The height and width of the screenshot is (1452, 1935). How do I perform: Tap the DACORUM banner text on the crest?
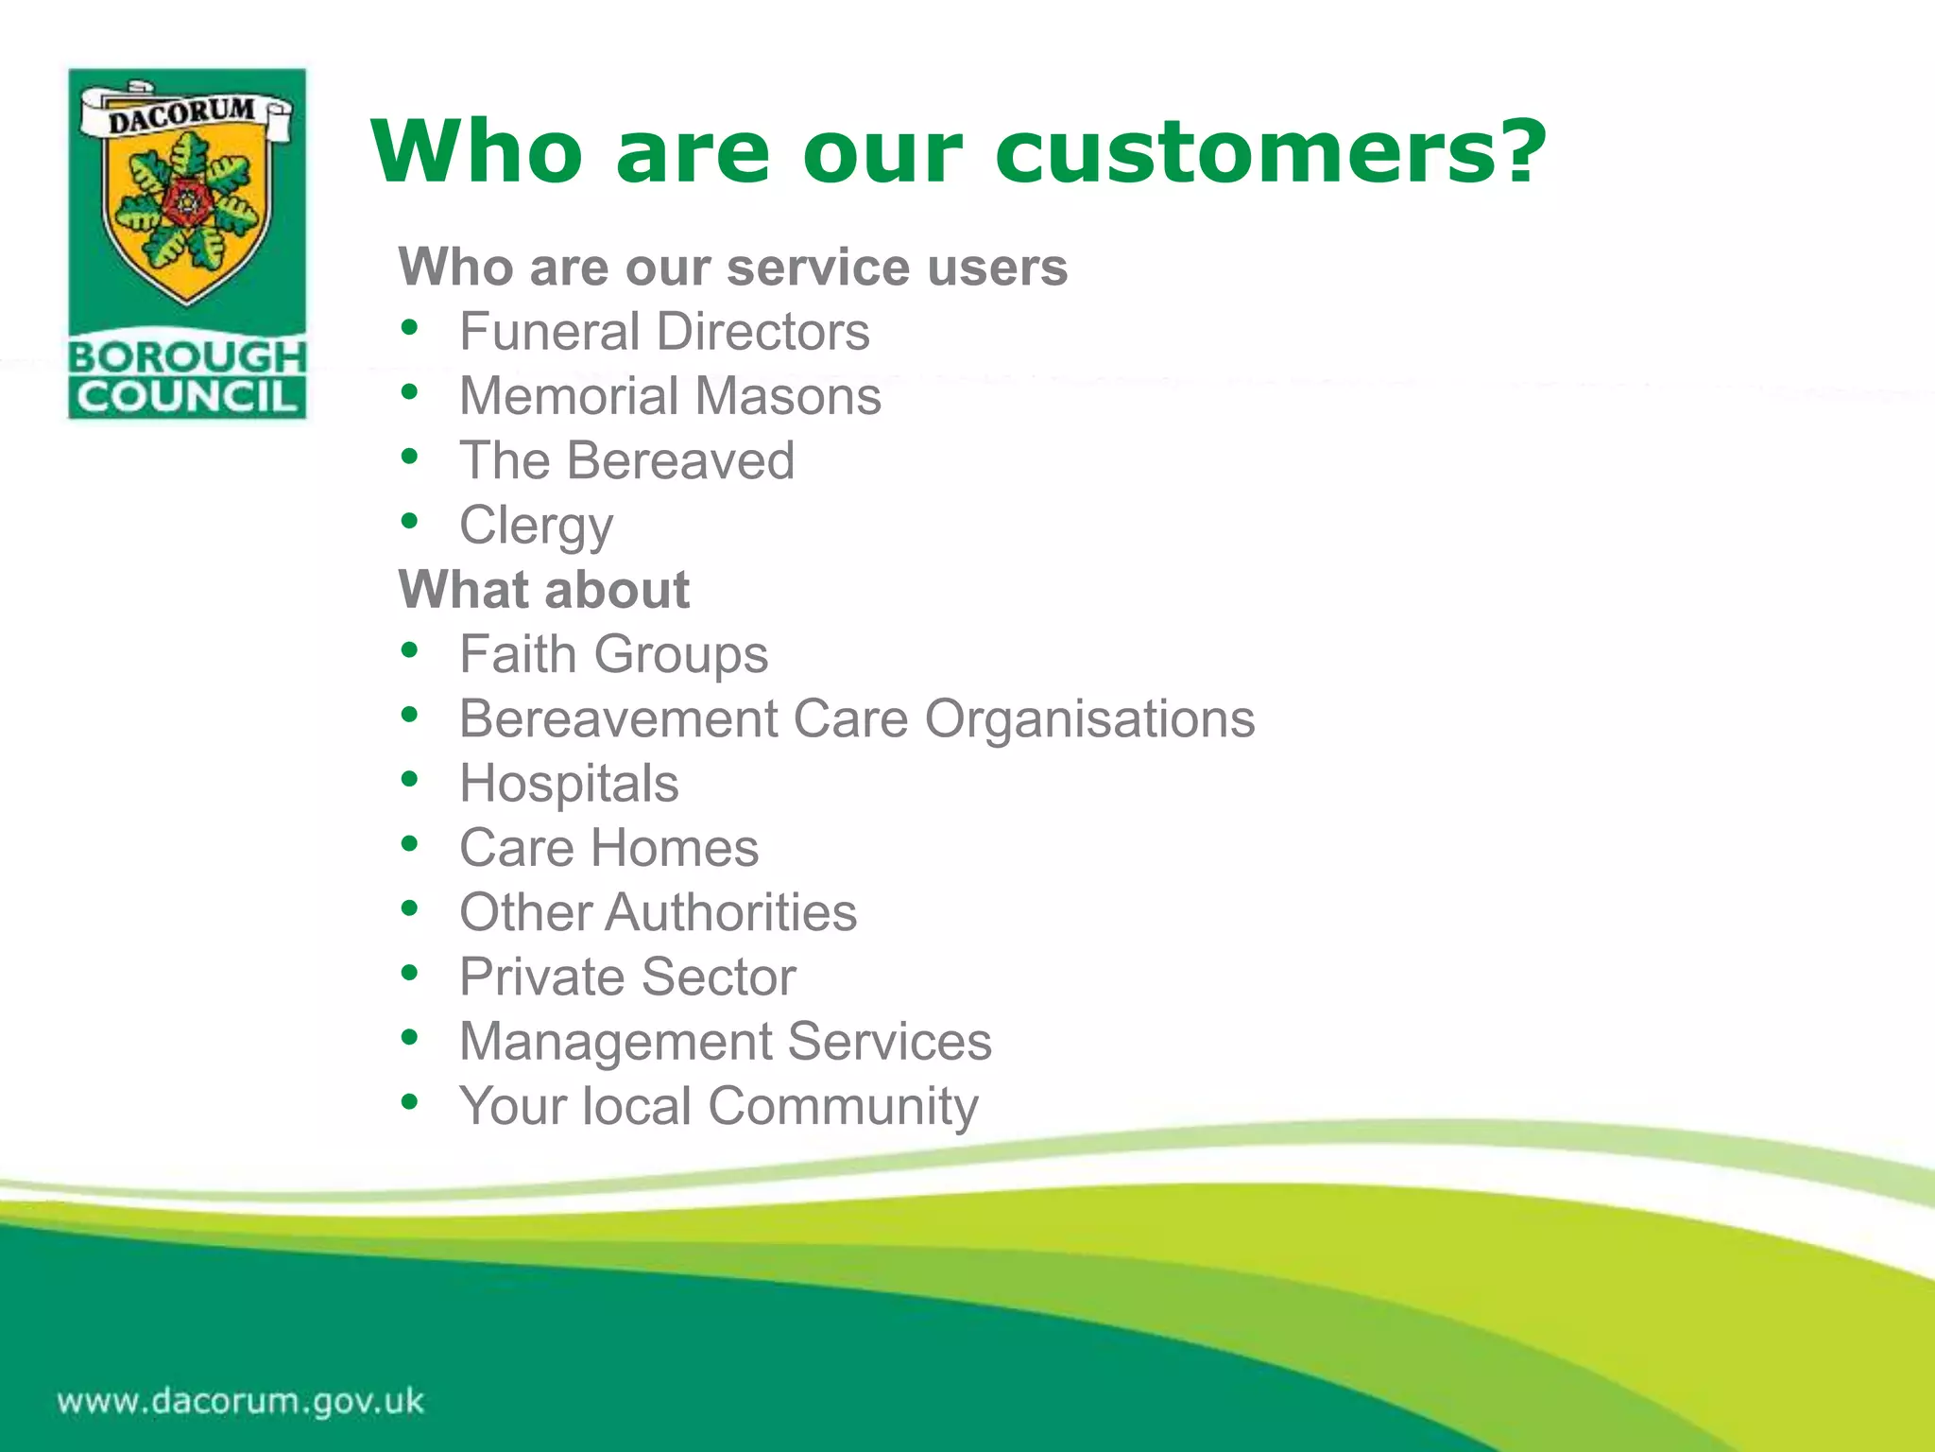point(182,114)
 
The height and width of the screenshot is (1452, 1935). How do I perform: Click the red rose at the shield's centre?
point(188,200)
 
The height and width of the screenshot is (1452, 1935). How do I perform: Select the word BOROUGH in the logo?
point(188,357)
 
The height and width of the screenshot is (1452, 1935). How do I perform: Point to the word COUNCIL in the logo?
point(188,397)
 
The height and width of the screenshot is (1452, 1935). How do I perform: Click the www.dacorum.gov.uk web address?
point(241,1400)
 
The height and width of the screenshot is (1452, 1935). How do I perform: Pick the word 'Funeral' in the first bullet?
point(550,332)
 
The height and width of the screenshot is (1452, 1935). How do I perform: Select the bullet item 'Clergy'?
point(536,526)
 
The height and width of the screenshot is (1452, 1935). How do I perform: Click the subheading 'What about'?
point(544,590)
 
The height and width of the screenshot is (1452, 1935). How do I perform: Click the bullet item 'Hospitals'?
point(569,784)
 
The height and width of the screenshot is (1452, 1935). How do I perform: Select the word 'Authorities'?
point(731,912)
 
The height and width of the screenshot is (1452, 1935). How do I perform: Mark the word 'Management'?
point(615,1042)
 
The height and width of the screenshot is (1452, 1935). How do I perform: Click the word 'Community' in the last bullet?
point(843,1106)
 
